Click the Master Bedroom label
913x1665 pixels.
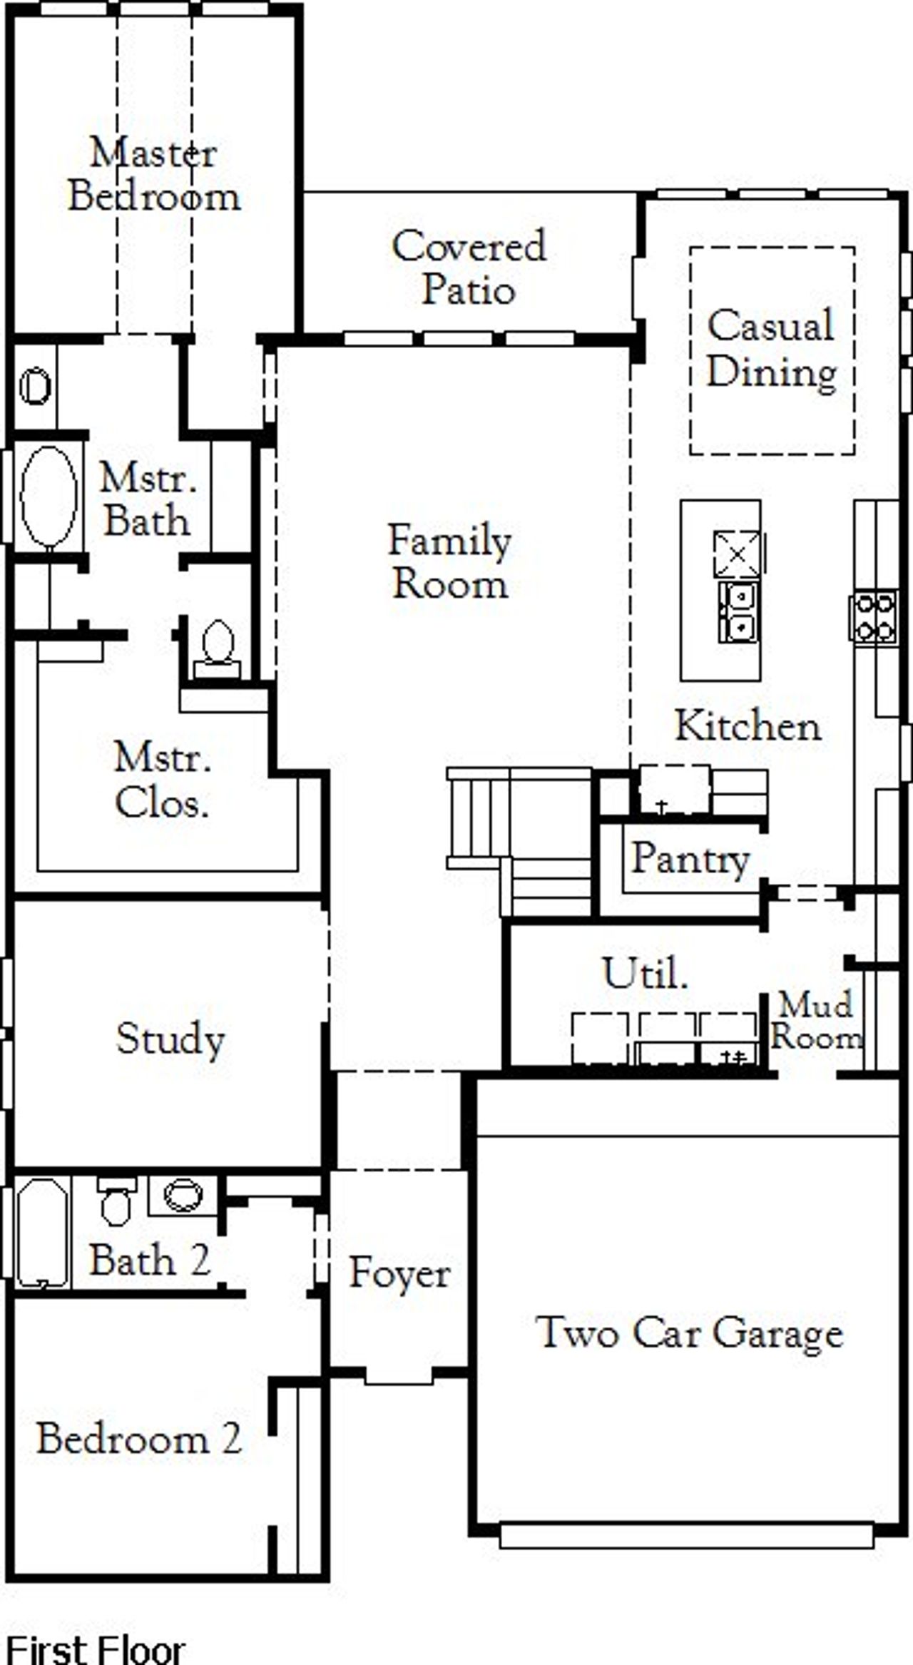154,175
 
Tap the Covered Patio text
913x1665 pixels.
469,268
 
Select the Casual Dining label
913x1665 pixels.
771,349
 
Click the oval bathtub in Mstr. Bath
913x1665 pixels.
49,497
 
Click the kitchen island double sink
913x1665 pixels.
738,612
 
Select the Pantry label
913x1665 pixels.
690,859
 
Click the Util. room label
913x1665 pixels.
646,972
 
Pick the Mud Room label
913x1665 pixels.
816,1021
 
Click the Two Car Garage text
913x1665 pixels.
689,1333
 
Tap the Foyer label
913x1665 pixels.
399,1273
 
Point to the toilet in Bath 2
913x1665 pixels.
116,1203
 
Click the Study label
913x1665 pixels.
170,1039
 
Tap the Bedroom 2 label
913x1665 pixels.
139,1439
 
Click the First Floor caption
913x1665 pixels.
95,1649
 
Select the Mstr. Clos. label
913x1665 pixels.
163,780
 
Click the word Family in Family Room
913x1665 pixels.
449,540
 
